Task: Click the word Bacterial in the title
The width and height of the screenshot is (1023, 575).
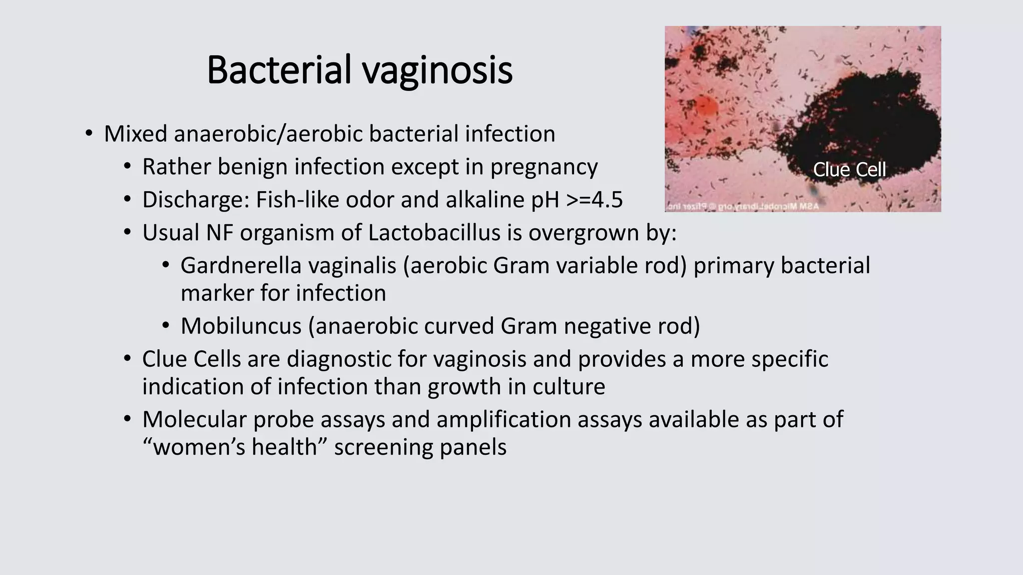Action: [279, 70]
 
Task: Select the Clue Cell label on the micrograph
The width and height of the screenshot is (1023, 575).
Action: [849, 170]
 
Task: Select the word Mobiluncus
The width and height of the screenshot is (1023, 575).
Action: [241, 326]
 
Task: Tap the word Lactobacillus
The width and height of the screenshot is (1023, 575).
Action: [434, 233]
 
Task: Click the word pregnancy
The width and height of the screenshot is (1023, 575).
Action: [543, 167]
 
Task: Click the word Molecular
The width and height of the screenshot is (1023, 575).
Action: [194, 419]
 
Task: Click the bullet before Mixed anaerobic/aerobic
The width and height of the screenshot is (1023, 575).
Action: [89, 134]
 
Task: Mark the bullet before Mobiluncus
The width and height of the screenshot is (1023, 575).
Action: [166, 326]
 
